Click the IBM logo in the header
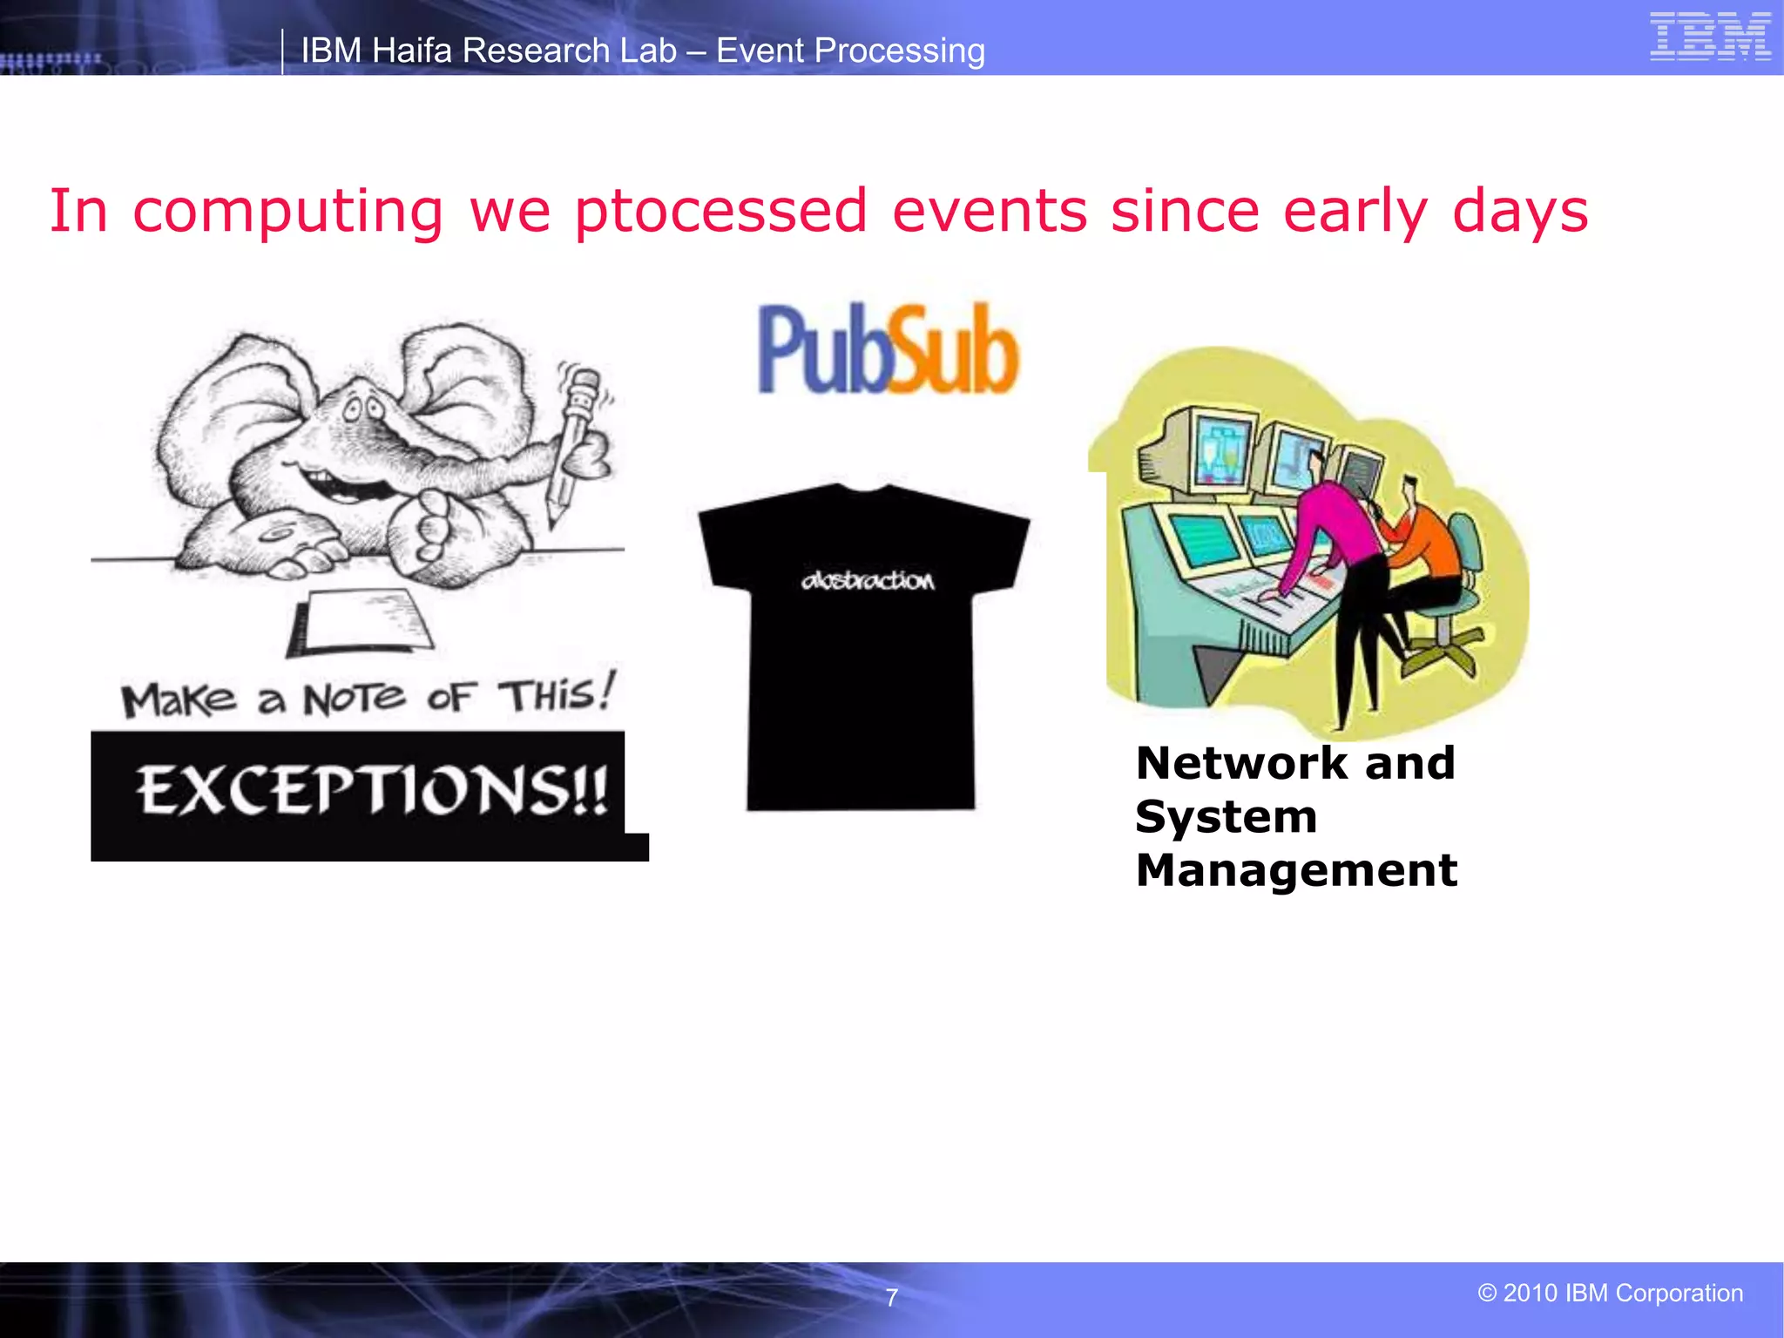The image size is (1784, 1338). (1710, 37)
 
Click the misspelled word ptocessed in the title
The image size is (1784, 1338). (720, 211)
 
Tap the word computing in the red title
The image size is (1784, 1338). (287, 213)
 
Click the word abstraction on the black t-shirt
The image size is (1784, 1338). (868, 580)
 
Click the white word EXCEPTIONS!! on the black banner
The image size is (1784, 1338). (372, 791)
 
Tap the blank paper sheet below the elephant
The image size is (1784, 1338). (366, 620)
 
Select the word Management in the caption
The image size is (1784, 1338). (1296, 870)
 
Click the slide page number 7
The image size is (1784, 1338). (891, 1298)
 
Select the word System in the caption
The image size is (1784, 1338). (1226, 817)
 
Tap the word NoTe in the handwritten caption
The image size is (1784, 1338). (354, 699)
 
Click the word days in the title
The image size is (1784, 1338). (1520, 211)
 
